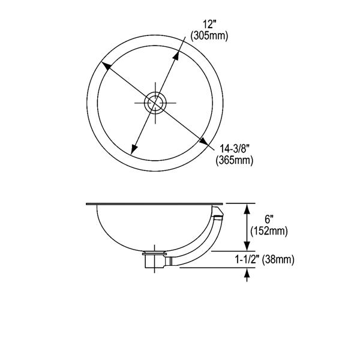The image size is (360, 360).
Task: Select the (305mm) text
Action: pos(209,36)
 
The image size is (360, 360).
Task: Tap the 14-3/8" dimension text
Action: pos(233,149)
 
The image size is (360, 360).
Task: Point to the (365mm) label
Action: pos(234,160)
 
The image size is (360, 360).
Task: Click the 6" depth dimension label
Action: pos(268,220)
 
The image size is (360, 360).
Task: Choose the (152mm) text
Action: pos(269,231)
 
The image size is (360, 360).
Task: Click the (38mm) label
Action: pos(278,260)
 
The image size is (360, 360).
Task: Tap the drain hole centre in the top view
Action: pos(155,103)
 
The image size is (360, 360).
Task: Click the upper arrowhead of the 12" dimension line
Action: pos(176,56)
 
